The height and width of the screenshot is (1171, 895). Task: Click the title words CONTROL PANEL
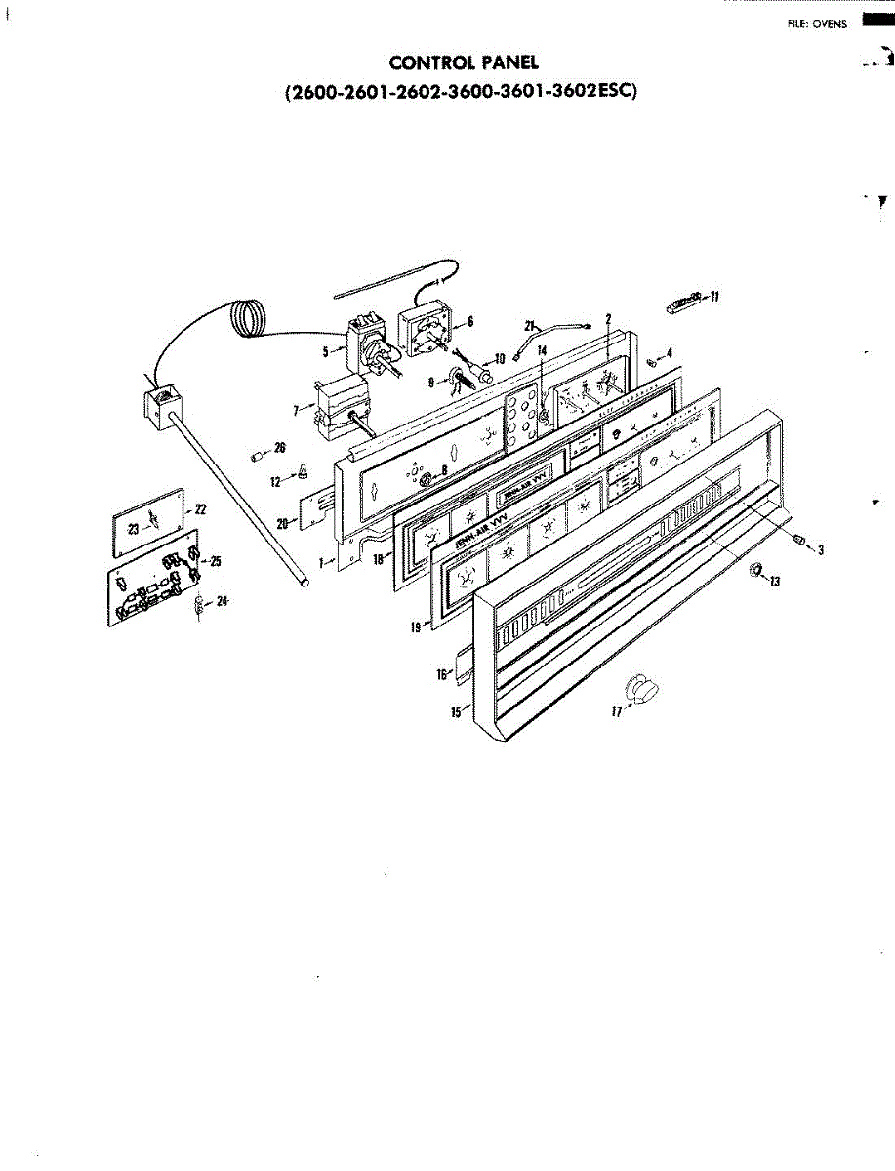(x=464, y=63)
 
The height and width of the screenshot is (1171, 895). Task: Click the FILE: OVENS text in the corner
(x=817, y=24)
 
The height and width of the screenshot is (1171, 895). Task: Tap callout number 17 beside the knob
(x=616, y=711)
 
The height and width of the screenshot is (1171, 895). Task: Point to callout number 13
(x=775, y=582)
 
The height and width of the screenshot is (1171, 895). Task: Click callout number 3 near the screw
(x=820, y=551)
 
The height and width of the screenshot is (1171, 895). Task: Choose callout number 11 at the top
(x=714, y=297)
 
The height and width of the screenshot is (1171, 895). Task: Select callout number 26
(x=279, y=448)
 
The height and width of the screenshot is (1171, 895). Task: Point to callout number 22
(x=201, y=509)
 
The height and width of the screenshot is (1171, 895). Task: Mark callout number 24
(x=223, y=601)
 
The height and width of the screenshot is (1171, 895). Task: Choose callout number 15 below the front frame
(x=455, y=713)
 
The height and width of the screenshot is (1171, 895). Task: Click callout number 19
(x=416, y=629)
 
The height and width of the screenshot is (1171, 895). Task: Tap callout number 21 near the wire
(x=531, y=324)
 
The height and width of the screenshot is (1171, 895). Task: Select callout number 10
(x=500, y=359)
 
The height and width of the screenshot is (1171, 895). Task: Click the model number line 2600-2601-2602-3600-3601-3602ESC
(x=461, y=93)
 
